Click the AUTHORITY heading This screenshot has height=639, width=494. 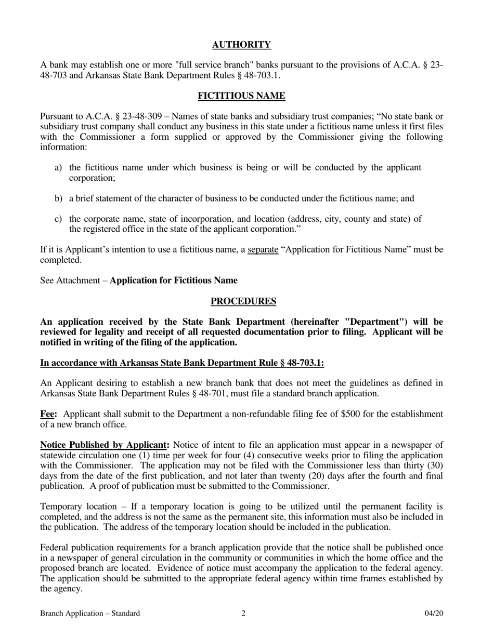click(241, 45)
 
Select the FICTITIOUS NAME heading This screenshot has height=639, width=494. click(241, 96)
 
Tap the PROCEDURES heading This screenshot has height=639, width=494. click(243, 301)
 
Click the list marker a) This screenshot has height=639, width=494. click(58, 167)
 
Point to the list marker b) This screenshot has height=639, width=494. click(58, 198)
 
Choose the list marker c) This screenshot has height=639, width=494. click(58, 219)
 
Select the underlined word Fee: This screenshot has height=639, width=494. click(48, 414)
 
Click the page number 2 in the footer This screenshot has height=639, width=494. click(243, 614)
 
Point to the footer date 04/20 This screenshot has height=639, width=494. click(434, 614)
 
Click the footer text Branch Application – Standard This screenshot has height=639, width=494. click(90, 614)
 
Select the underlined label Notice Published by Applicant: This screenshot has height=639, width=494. click(105, 445)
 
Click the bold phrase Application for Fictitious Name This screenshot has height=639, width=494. click(174, 281)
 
